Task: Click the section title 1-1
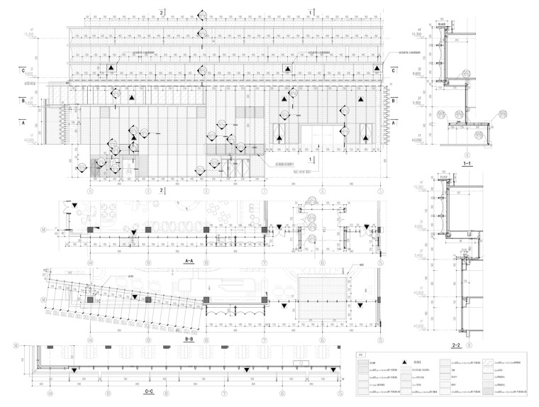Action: (x=467, y=163)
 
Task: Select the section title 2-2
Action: (x=457, y=345)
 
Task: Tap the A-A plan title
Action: (x=189, y=261)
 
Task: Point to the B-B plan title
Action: (x=189, y=339)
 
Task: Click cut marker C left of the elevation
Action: (x=23, y=71)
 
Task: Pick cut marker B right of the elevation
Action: (x=393, y=101)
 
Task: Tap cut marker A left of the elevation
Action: (x=24, y=122)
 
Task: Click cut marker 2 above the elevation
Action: (x=162, y=13)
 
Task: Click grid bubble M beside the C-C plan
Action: (x=16, y=346)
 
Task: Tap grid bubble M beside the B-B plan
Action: (x=44, y=300)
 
